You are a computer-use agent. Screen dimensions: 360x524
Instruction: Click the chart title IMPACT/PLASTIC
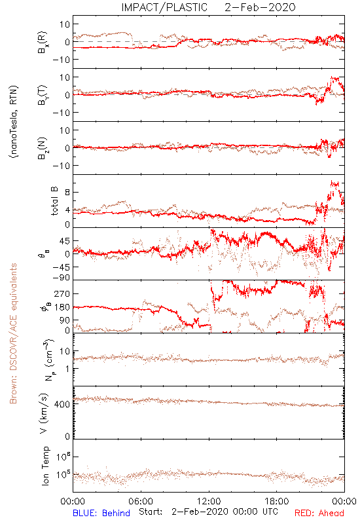(x=164, y=7)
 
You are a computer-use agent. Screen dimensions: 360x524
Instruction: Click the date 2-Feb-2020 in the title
(x=260, y=7)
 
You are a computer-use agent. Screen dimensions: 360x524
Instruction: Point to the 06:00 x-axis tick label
(x=141, y=501)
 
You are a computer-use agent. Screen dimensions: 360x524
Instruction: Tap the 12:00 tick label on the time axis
(x=209, y=501)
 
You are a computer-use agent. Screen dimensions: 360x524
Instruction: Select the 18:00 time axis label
(x=277, y=501)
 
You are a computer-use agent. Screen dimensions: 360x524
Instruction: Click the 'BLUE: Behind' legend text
(x=101, y=513)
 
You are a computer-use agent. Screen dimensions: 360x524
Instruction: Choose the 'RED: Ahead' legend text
(x=319, y=513)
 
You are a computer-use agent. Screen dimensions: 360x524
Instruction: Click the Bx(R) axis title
(x=43, y=42)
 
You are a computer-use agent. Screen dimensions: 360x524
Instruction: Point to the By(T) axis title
(x=43, y=95)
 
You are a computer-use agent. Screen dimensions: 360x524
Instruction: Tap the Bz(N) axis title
(x=43, y=148)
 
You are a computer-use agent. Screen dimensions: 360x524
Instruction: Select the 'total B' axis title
(x=54, y=201)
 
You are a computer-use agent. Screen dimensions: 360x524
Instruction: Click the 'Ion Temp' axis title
(x=45, y=466)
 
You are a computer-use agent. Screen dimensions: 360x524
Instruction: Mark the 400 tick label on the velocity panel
(x=62, y=404)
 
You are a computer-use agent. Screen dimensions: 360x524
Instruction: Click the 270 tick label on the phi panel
(x=62, y=293)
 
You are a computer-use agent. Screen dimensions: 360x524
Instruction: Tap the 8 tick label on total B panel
(x=67, y=192)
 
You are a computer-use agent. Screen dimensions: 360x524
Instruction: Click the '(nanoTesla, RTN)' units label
(x=14, y=122)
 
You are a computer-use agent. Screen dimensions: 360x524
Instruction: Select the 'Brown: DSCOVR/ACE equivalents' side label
(x=13, y=333)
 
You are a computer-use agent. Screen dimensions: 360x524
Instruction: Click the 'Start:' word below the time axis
(x=151, y=512)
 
